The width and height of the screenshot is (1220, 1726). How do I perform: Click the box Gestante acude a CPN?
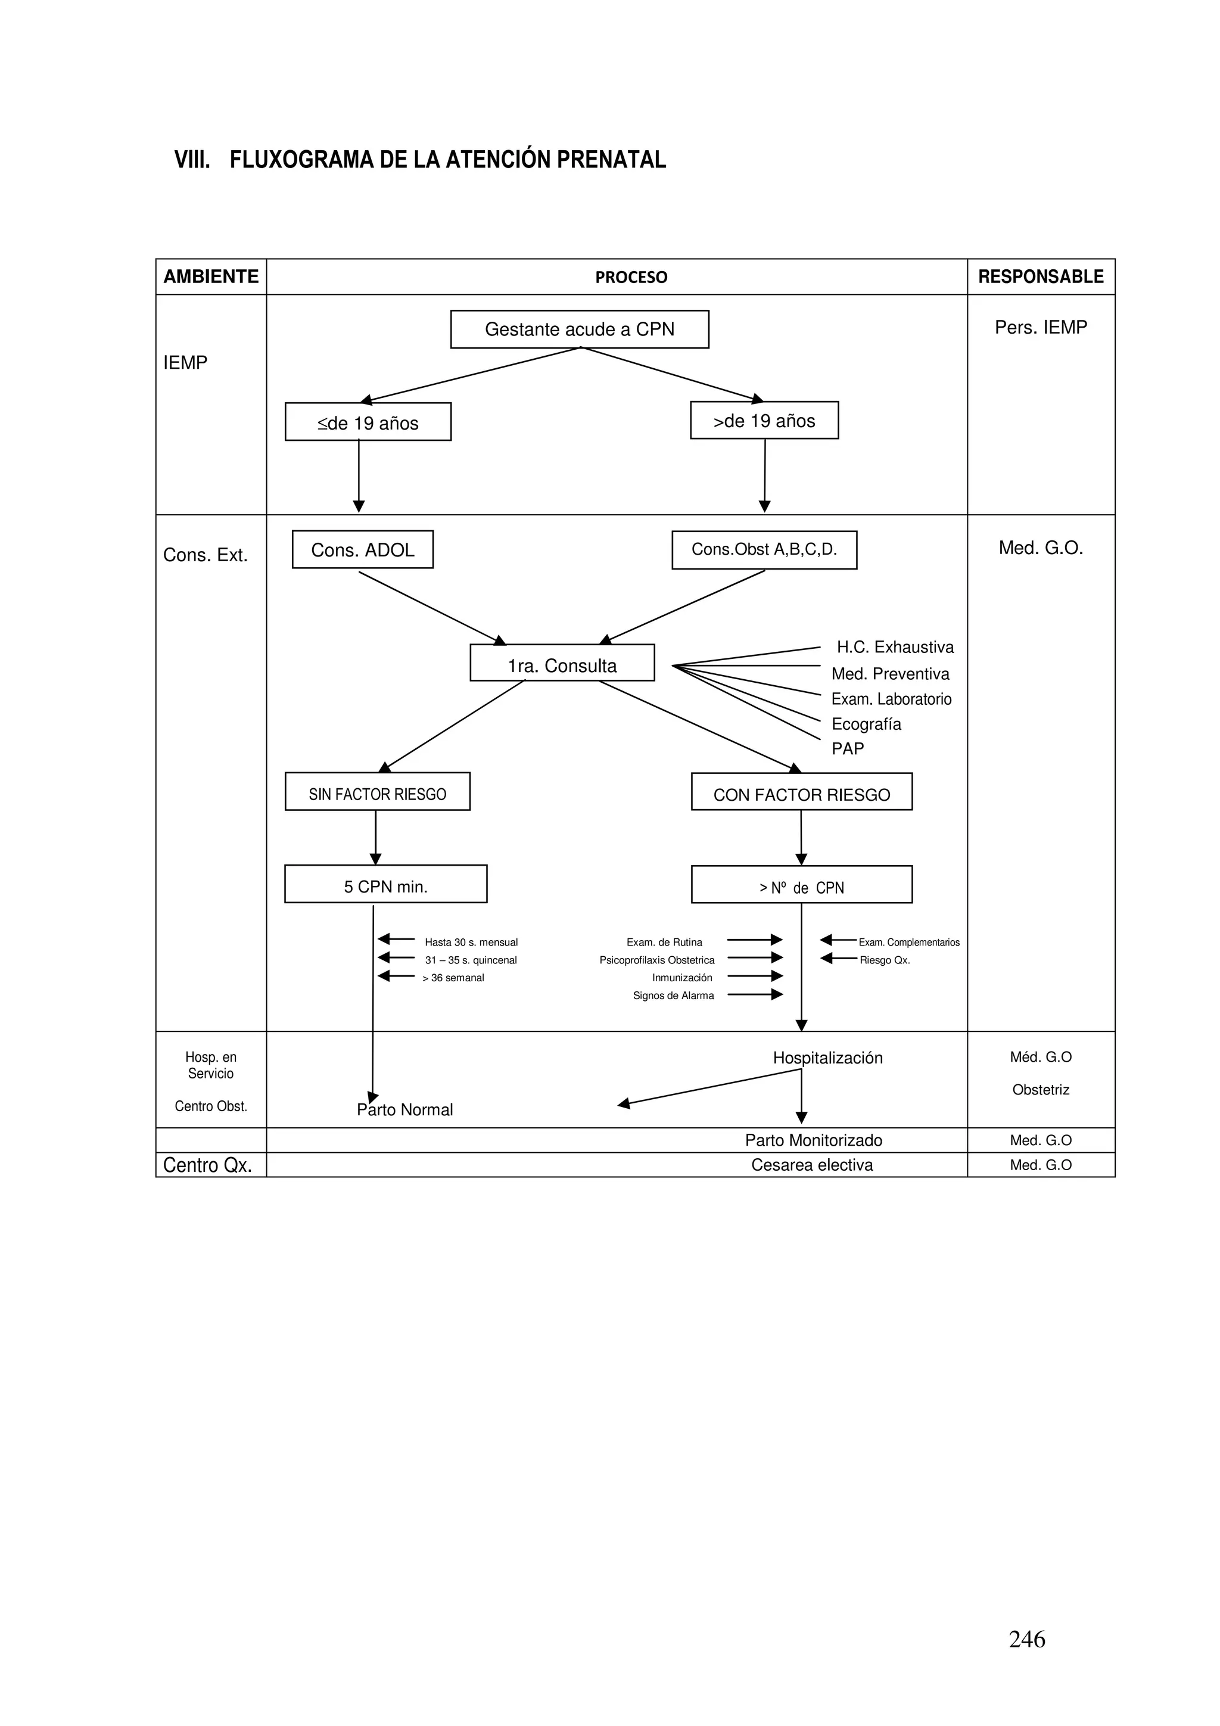[579, 329]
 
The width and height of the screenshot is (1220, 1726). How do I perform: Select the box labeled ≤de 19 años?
[368, 422]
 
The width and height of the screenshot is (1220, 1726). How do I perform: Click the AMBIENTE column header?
[210, 276]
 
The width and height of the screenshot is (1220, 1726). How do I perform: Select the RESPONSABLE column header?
[1040, 276]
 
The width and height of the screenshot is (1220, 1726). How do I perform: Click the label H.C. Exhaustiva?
[895, 647]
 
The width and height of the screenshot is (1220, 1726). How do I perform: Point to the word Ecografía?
[866, 724]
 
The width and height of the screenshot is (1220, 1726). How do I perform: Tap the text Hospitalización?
[827, 1058]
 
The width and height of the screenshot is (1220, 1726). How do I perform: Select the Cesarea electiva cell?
[812, 1165]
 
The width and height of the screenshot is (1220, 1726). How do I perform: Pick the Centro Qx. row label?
[207, 1165]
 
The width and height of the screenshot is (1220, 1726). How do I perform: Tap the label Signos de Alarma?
[673, 996]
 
